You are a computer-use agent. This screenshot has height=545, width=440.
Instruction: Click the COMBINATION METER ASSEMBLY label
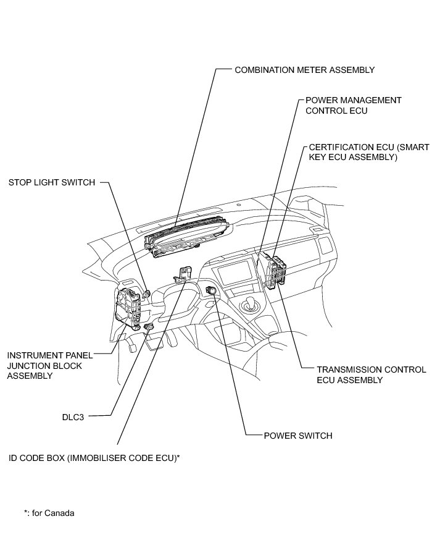click(x=304, y=70)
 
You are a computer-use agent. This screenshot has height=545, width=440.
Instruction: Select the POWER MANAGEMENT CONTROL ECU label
click(x=354, y=105)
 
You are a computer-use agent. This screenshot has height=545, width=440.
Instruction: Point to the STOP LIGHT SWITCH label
click(x=52, y=182)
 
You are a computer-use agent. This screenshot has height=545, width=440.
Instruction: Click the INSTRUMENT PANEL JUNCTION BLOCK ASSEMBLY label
click(x=49, y=365)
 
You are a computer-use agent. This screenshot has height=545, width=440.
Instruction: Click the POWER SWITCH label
click(x=298, y=436)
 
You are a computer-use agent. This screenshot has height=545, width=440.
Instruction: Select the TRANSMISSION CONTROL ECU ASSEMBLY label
click(x=371, y=375)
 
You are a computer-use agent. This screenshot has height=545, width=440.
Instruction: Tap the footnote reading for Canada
click(x=49, y=513)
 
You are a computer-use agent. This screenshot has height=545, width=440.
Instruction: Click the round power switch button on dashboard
click(x=212, y=290)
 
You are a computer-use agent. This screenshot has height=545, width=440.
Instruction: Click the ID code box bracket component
click(x=185, y=272)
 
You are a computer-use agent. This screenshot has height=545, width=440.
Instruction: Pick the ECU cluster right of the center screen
click(x=275, y=270)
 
